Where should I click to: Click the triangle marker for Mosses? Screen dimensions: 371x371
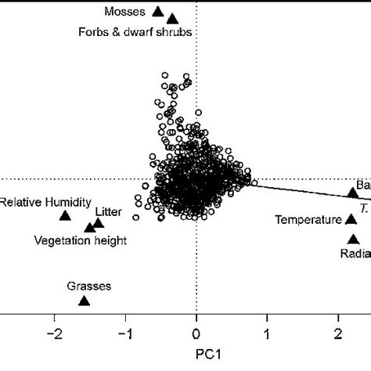pos(157,12)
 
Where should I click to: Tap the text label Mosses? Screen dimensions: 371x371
pos(125,12)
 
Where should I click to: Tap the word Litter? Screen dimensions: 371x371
pos(108,211)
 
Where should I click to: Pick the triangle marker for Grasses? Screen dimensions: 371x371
pos(85,301)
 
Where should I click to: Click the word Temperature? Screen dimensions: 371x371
pos(308,220)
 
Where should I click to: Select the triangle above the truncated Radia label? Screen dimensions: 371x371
pos(353,240)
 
